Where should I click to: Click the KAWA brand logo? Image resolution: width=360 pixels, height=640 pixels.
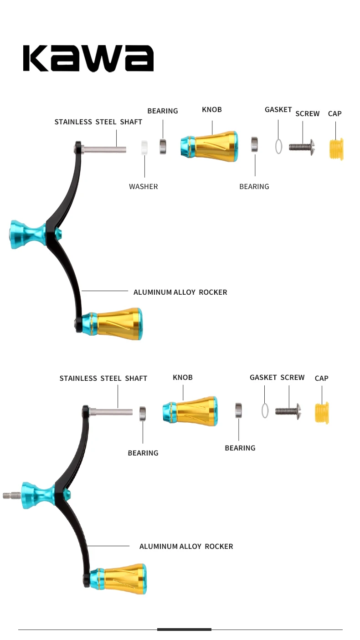point(88,58)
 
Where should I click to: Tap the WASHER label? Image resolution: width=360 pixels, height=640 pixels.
point(143,186)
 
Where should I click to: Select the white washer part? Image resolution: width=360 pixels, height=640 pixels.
point(144,148)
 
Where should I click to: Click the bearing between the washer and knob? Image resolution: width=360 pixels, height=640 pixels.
point(163,146)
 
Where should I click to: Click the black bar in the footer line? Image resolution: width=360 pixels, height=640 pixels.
point(184,630)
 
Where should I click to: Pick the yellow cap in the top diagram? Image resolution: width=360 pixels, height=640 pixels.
point(336,149)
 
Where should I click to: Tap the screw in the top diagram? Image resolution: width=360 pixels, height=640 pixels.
point(302,147)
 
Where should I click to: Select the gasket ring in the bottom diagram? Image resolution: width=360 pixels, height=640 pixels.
point(265,410)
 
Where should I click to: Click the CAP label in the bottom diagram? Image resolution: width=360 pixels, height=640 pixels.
point(321,378)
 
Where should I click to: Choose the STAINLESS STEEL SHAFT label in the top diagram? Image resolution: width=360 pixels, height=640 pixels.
point(98,122)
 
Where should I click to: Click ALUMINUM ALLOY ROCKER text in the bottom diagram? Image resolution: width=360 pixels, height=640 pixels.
point(186,546)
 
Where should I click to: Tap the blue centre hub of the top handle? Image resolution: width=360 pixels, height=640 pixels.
point(27,235)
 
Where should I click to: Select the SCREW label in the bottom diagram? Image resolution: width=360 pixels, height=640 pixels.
point(292,378)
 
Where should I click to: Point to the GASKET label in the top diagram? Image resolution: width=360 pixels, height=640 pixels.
point(278,110)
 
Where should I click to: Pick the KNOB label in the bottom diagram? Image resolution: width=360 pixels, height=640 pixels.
point(183,378)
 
